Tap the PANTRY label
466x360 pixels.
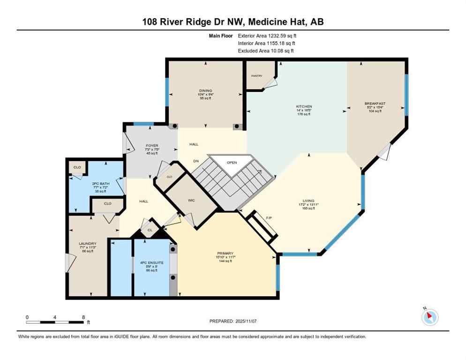[x=256, y=75]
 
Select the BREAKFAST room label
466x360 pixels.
[x=375, y=103]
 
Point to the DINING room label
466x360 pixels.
[x=205, y=90]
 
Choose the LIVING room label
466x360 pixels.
[x=308, y=201]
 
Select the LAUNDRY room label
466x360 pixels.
[x=88, y=244]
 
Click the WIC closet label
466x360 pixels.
[x=191, y=200]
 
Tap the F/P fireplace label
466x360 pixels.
[x=269, y=218]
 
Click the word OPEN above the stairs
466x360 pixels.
[x=232, y=163]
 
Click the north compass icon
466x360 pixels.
[x=429, y=317]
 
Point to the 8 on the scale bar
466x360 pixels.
[x=83, y=317]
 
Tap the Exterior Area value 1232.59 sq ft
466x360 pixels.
[x=280, y=35]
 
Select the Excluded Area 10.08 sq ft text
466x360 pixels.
[x=280, y=51]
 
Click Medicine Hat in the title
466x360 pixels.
[x=279, y=22]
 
